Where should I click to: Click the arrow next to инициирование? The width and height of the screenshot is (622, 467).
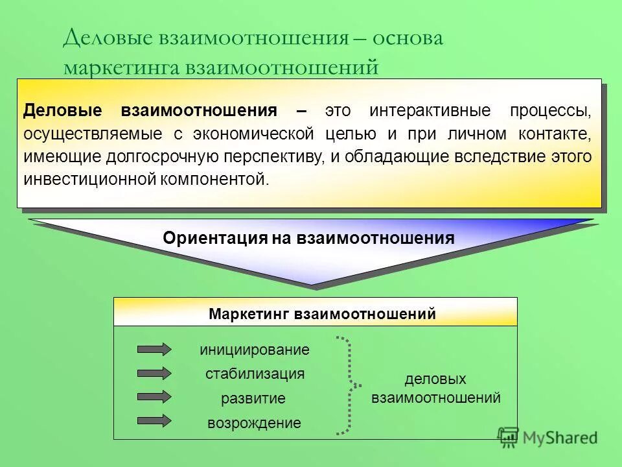tap(154, 349)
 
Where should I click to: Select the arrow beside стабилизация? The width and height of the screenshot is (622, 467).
tap(154, 373)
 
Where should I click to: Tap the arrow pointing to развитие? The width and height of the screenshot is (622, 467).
tap(154, 396)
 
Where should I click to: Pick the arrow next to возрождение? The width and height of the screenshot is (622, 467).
tap(154, 420)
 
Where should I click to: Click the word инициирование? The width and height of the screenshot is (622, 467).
tap(255, 350)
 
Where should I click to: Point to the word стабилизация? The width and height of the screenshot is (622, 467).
tap(255, 374)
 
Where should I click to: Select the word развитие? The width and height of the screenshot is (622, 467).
tap(253, 399)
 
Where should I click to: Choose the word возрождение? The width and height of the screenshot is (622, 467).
tap(254, 424)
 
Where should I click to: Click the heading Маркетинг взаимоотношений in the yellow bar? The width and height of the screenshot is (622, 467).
tap(322, 315)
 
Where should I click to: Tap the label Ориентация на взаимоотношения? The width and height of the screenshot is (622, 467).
tap(308, 238)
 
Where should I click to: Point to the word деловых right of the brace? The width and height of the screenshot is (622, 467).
tap(435, 379)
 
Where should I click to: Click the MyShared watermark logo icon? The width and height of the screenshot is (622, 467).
tap(508, 437)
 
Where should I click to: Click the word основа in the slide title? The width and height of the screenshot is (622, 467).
tap(407, 38)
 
